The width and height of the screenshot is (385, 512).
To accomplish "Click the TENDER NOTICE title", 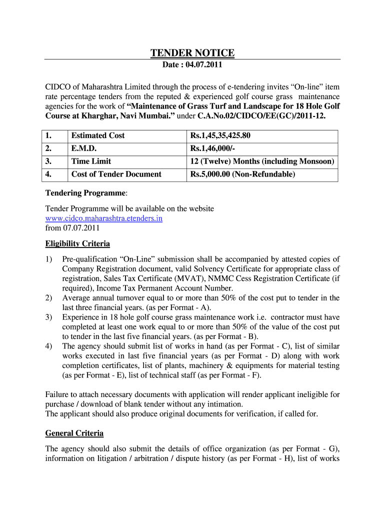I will pyautogui.click(x=192, y=53).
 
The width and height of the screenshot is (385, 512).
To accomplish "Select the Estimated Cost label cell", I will pyautogui.click(x=98, y=135).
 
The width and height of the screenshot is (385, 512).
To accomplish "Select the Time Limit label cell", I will pyautogui.click(x=91, y=161).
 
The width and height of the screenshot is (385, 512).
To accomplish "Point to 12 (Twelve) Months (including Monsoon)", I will pyautogui.click(x=262, y=161).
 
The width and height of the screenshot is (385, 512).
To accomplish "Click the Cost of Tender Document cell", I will pyautogui.click(x=116, y=174).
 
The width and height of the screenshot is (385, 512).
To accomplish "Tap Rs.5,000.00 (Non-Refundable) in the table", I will pyautogui.click(x=242, y=174).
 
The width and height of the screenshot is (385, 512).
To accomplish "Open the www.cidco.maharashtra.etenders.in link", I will pyautogui.click(x=103, y=218).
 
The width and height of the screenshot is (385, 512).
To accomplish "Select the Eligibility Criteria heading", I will pyautogui.click(x=77, y=244).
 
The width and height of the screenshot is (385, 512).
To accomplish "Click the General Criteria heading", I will pyautogui.click(x=74, y=433).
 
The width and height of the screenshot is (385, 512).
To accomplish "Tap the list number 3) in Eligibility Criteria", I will pyautogui.click(x=48, y=317).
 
